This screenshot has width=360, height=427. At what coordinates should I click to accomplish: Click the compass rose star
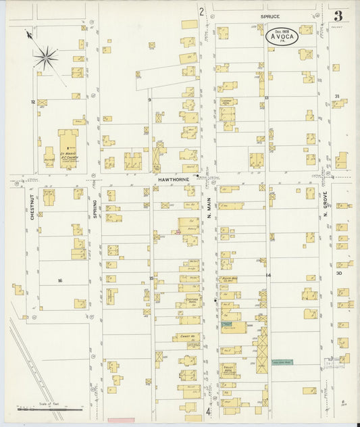tap(47, 57)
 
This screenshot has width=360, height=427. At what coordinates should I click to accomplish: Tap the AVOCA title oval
tap(282, 36)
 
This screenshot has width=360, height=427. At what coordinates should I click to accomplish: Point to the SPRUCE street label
tap(272, 15)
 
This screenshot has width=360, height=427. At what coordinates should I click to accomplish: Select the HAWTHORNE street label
tap(172, 180)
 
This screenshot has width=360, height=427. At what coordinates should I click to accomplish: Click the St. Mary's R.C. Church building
tap(68, 147)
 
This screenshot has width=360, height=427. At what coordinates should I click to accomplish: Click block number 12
tap(32, 101)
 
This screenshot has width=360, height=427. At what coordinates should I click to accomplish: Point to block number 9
tap(149, 100)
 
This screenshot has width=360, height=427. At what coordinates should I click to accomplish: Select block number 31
tap(336, 97)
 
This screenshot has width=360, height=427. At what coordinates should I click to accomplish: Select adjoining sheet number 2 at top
tap(201, 11)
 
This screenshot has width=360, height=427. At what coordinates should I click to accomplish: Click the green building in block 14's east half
tap(282, 362)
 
